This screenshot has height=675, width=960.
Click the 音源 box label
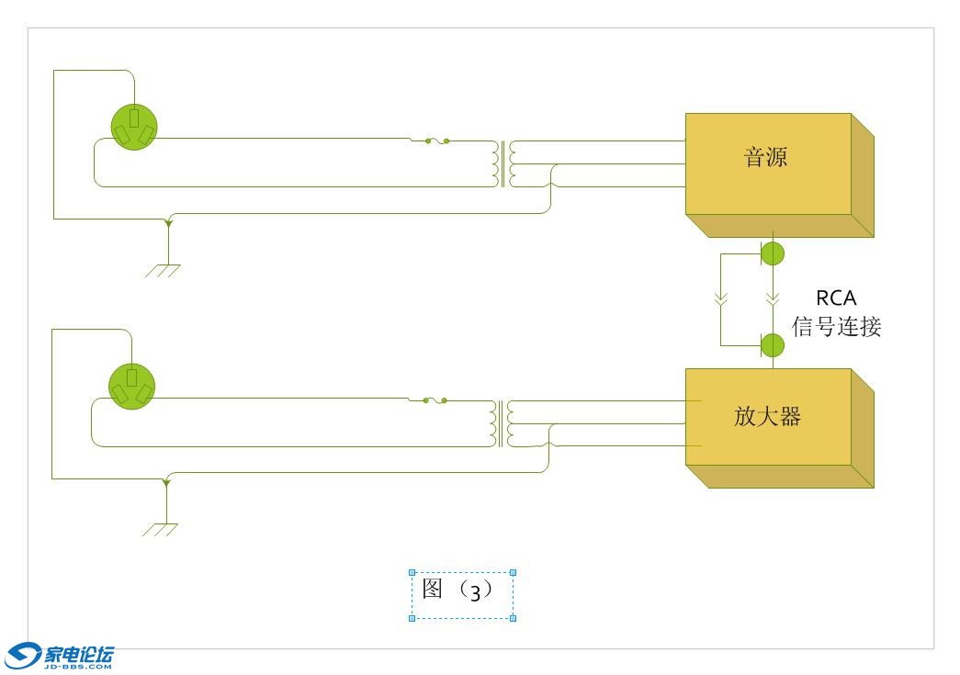coord(765,157)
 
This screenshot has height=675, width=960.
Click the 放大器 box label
coord(768,416)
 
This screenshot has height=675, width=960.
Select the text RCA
coord(836,298)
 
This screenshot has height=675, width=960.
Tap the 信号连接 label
coord(836,326)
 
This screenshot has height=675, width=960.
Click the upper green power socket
coord(134,128)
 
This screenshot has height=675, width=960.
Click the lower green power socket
coord(131,387)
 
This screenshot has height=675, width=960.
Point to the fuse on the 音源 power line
coord(436,141)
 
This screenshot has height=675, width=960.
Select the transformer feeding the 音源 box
coord(503,163)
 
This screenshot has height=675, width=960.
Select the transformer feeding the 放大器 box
coord(501,422)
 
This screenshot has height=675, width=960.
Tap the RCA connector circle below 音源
coord(773,253)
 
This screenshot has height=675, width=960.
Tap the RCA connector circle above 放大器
coord(773,345)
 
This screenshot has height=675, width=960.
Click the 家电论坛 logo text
coord(78,656)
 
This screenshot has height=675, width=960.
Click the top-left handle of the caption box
coord(412,572)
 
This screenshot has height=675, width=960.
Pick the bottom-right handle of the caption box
coord(513,618)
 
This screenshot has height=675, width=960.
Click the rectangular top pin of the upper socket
coord(134,118)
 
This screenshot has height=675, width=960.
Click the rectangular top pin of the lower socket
coord(131,377)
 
